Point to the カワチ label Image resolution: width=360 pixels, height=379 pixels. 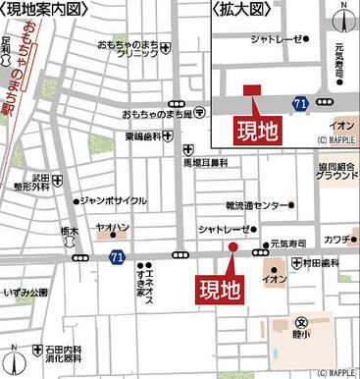(336, 239)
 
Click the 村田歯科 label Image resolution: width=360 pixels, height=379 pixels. (320, 263)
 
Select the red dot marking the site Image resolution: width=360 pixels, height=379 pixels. (232, 246)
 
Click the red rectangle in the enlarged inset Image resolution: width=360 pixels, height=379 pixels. (252, 90)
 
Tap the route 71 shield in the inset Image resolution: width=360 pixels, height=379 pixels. (298, 102)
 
